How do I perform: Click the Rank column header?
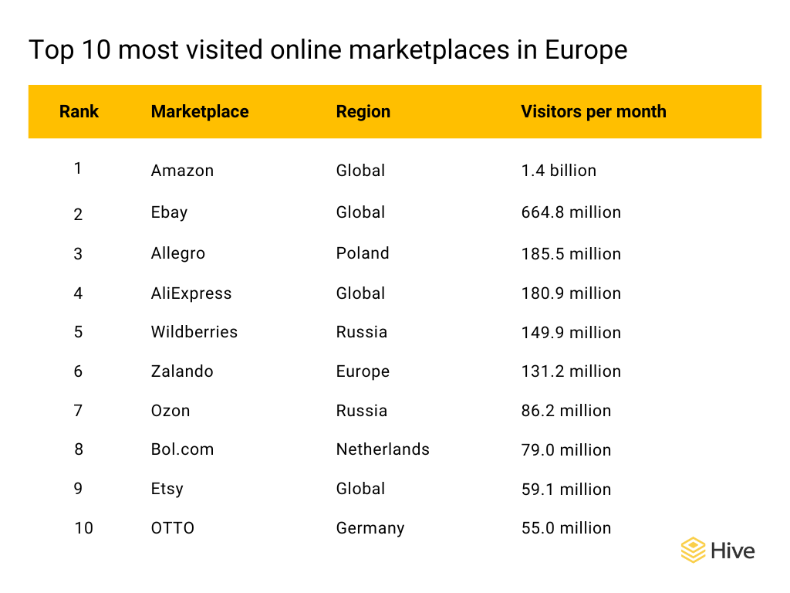tap(79, 111)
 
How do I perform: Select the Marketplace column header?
tap(200, 111)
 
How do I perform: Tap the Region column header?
tap(363, 111)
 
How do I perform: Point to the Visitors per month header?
tap(593, 111)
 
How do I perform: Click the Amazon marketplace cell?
tap(182, 171)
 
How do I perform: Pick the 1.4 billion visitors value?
tap(559, 171)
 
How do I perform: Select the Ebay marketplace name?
tap(169, 212)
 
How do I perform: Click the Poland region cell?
tap(363, 253)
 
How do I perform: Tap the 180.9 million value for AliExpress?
tap(571, 293)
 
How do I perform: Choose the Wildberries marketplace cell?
tap(194, 332)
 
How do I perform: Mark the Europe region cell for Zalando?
tap(363, 371)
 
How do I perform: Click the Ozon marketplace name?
tap(170, 411)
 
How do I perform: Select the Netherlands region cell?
tap(383, 449)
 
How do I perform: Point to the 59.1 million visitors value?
tap(566, 489)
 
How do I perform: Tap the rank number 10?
tap(83, 528)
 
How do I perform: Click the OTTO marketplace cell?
tap(173, 528)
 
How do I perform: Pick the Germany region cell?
tap(370, 528)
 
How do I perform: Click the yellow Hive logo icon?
tap(693, 551)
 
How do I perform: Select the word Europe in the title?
tap(586, 50)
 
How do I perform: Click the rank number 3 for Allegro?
tap(78, 253)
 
